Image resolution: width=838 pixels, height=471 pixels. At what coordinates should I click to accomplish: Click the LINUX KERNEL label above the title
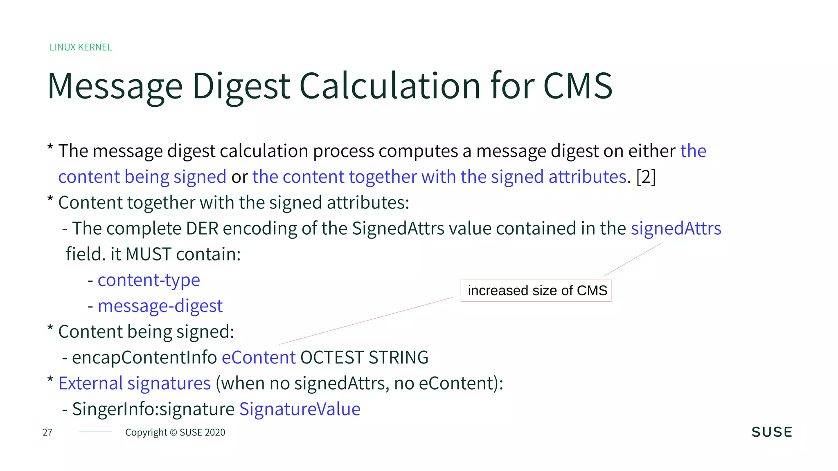81,47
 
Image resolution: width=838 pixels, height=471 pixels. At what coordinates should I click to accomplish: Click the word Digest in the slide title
241,87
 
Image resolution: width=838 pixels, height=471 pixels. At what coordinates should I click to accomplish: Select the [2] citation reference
646,177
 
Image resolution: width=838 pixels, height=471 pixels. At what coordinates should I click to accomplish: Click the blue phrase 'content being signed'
142,177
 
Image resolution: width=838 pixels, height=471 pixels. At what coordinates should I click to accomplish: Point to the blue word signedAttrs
676,229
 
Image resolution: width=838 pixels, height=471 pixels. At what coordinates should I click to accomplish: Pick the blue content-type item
149,280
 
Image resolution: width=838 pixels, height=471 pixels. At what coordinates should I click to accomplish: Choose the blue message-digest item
160,306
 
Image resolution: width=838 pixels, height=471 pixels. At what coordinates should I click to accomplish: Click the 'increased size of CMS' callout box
536,291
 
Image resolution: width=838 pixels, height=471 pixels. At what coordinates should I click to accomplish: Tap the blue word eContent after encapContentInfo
258,358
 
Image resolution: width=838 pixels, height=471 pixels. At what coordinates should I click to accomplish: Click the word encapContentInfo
144,358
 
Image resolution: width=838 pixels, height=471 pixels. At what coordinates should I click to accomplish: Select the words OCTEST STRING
364,358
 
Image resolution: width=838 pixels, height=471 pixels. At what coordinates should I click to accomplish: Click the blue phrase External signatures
134,384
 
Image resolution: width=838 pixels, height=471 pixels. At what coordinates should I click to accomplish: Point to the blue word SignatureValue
300,409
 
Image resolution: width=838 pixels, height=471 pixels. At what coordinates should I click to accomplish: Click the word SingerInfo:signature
153,409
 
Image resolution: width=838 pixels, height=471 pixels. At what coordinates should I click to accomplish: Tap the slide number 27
47,433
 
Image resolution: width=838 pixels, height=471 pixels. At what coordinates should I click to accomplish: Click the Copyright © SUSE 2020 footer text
175,433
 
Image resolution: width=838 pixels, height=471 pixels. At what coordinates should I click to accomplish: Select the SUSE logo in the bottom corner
772,432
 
